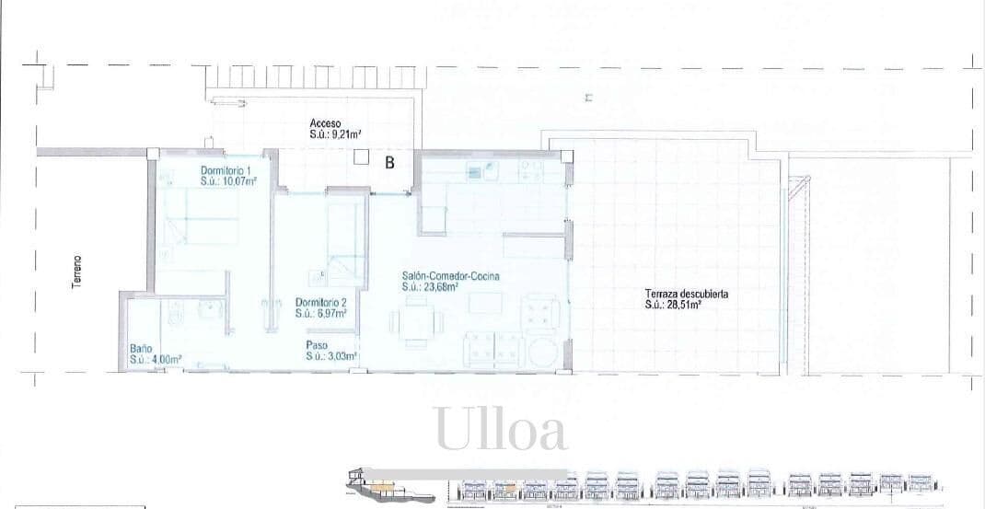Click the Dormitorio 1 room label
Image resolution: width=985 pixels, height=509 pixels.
pos(227,171)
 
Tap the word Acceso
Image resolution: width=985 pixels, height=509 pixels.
pos(326,123)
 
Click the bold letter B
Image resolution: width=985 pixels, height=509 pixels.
pos(389,163)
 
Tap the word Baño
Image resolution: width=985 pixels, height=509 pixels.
pos(140,349)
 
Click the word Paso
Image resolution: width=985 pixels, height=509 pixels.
pos(316,346)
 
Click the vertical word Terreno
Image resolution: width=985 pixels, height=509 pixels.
pos(77,272)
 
